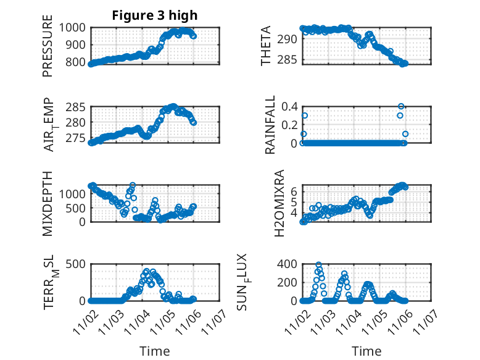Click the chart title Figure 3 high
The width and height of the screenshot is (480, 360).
tap(155, 15)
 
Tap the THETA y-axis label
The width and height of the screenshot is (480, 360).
tap(266, 45)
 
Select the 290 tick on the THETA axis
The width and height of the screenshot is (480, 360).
tap(291, 39)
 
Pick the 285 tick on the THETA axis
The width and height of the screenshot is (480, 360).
tap(291, 61)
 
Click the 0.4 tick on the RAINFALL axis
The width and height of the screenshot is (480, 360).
tap(291, 106)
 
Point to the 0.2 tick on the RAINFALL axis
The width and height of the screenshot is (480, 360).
tap(291, 125)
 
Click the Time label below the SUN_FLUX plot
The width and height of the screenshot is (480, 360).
tap(366, 351)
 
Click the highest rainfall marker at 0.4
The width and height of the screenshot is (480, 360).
tap(401, 106)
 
